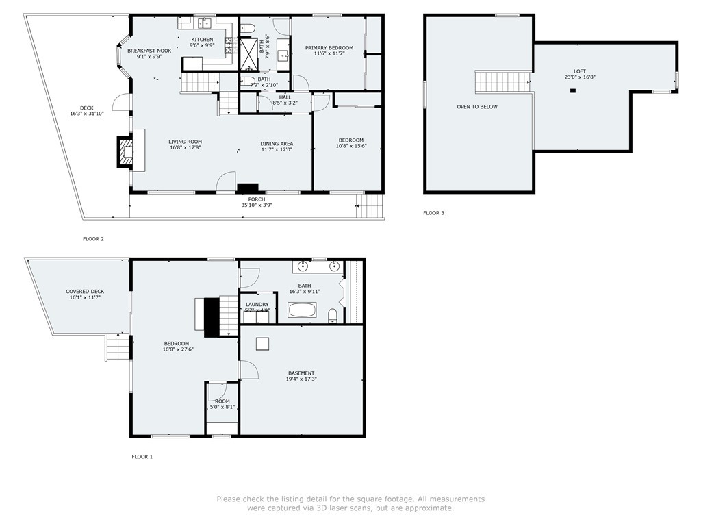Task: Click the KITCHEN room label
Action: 202,40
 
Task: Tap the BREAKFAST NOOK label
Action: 149,51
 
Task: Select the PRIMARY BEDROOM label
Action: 329,48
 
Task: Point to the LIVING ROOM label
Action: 185,142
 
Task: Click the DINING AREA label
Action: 277,144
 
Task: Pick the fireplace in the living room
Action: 125,152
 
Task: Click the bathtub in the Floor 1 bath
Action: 302,310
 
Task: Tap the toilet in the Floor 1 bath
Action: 333,315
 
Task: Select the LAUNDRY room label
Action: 257,305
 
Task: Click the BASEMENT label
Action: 301,373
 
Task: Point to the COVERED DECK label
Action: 85,292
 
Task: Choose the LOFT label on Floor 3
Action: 580,71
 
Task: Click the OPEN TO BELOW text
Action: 477,107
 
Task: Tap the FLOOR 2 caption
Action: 93,239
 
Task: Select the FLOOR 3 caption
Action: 433,213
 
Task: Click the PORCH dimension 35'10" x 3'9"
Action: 257,205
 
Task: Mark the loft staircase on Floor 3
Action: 503,82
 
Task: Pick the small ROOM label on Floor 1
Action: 222,401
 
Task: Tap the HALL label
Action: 285,97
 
